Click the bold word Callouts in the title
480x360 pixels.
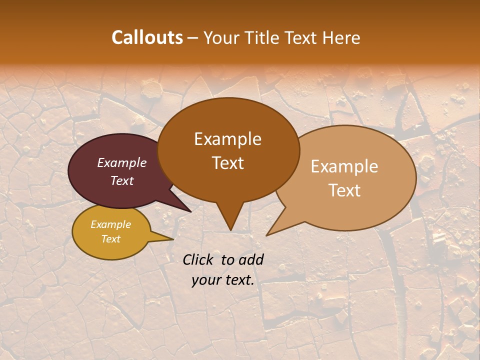147,37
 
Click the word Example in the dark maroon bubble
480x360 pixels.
122,162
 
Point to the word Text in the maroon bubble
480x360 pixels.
122,180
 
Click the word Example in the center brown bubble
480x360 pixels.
227,139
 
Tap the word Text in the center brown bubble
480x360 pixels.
227,163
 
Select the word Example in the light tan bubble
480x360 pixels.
344,166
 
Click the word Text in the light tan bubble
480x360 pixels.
344,190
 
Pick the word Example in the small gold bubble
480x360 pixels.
110,224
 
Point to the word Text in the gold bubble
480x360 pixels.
110,239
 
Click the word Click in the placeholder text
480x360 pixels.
198,259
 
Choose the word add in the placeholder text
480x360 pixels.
251,259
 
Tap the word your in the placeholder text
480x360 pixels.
205,280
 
